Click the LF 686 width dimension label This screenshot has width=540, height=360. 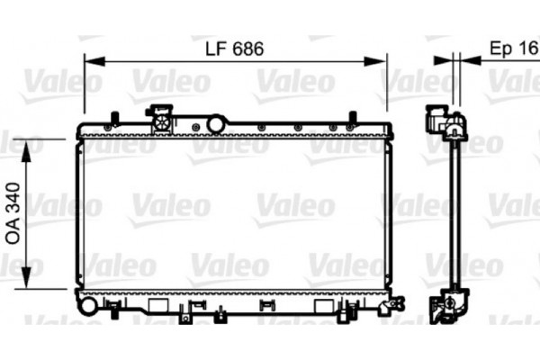(235, 49)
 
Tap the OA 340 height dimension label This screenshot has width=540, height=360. (13, 213)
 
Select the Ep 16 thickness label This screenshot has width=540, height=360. (514, 49)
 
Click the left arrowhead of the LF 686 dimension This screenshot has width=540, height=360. (94, 61)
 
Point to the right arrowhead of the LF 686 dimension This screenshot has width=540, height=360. (375, 61)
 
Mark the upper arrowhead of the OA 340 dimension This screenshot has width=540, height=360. (26, 150)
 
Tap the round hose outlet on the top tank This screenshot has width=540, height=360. (216, 124)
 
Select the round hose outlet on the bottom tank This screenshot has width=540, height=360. (88, 306)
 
